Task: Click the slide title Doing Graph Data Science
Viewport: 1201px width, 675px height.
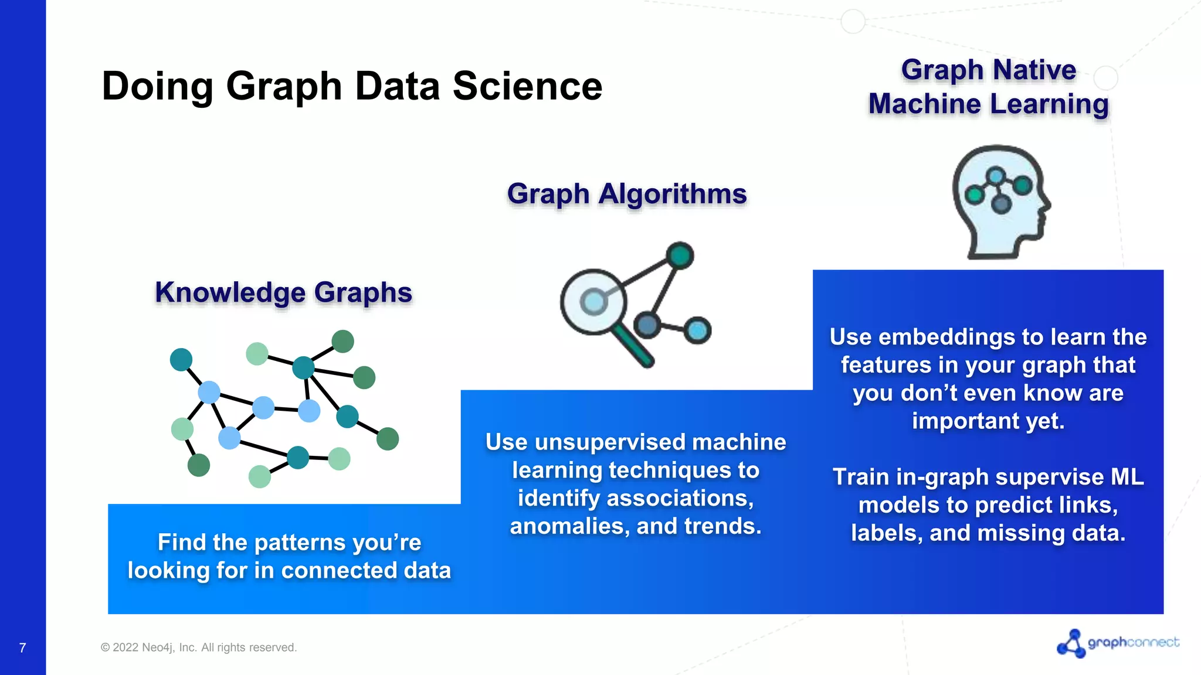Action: pos(352,86)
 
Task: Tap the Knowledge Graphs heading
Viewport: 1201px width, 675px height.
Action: pos(283,292)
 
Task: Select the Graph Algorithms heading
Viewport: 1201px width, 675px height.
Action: pos(627,194)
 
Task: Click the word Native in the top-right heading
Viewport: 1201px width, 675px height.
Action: pos(1034,70)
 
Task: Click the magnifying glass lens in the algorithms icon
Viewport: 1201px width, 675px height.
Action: pos(593,302)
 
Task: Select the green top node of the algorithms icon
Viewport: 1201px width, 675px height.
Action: pos(680,255)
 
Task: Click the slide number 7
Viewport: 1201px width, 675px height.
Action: pos(22,647)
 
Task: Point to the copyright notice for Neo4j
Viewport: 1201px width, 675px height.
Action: pos(199,647)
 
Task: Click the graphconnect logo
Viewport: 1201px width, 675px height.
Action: pos(1118,643)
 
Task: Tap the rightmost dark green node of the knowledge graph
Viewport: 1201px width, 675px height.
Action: pos(388,438)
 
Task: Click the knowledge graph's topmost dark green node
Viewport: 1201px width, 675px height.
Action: pos(343,341)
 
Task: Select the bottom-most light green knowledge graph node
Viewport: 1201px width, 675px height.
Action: pos(260,476)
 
